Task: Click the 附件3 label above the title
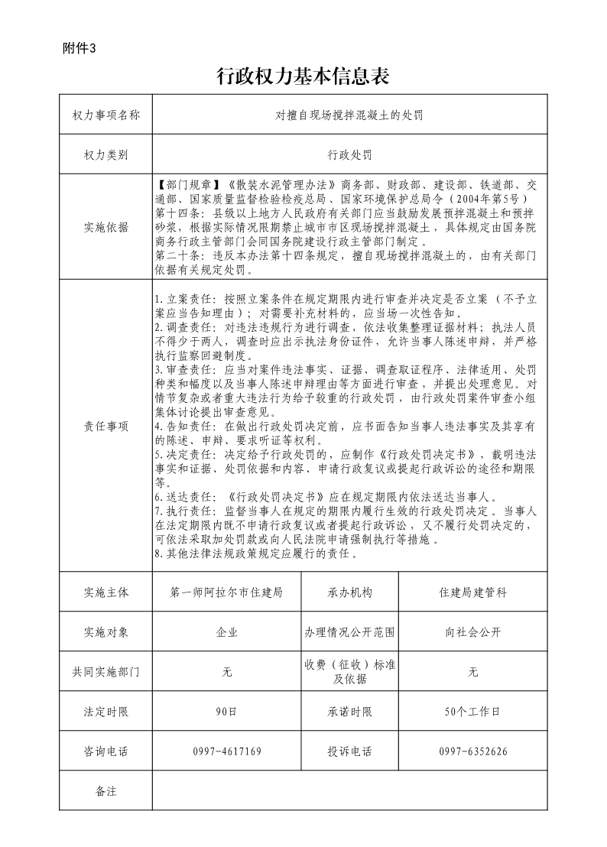[80, 48]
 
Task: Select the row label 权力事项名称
[105, 115]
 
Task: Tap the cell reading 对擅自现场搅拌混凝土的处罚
[349, 115]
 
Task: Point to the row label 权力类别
[105, 154]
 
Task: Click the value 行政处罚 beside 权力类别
[349, 154]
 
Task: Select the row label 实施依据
[105, 227]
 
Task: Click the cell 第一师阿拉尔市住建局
[227, 592]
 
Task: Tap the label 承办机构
[349, 592]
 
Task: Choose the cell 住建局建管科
[472, 592]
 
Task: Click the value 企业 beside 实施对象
[227, 632]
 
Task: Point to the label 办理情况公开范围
[349, 632]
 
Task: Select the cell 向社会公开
[472, 632]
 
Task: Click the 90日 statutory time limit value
[227, 712]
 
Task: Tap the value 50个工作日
[472, 712]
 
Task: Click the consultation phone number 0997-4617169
[227, 751]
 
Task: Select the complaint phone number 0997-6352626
[472, 751]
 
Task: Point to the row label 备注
[105, 791]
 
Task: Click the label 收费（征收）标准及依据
[349, 672]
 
